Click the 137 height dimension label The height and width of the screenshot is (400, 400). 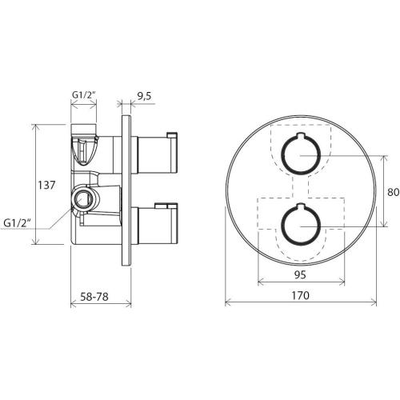pos(46,185)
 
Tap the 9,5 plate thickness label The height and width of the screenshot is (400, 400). pos(144,96)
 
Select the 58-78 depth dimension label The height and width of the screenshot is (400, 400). pos(94,297)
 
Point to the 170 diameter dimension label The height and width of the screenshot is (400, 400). pos(300,295)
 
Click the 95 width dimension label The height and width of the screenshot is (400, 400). pos(300,274)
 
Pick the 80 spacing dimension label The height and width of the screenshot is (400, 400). pos(393,192)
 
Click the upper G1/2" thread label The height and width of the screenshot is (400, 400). pos(84,94)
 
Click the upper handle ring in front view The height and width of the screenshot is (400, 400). pos(282,154)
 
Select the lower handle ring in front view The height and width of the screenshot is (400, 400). pos(282,226)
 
